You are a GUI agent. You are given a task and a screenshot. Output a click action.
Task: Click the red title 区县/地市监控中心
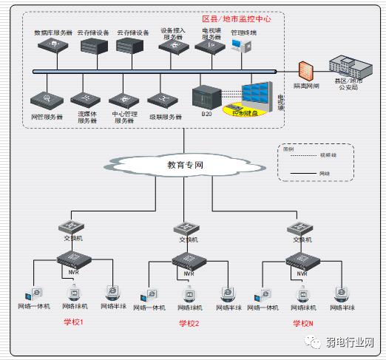click(x=236, y=19)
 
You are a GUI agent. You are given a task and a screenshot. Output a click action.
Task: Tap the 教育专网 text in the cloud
click(x=185, y=166)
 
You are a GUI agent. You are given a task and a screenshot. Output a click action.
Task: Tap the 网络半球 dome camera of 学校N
click(x=342, y=293)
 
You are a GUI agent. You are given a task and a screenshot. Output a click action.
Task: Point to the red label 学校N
click(x=303, y=324)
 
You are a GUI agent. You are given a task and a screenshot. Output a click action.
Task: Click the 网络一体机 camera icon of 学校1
click(x=34, y=293)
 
